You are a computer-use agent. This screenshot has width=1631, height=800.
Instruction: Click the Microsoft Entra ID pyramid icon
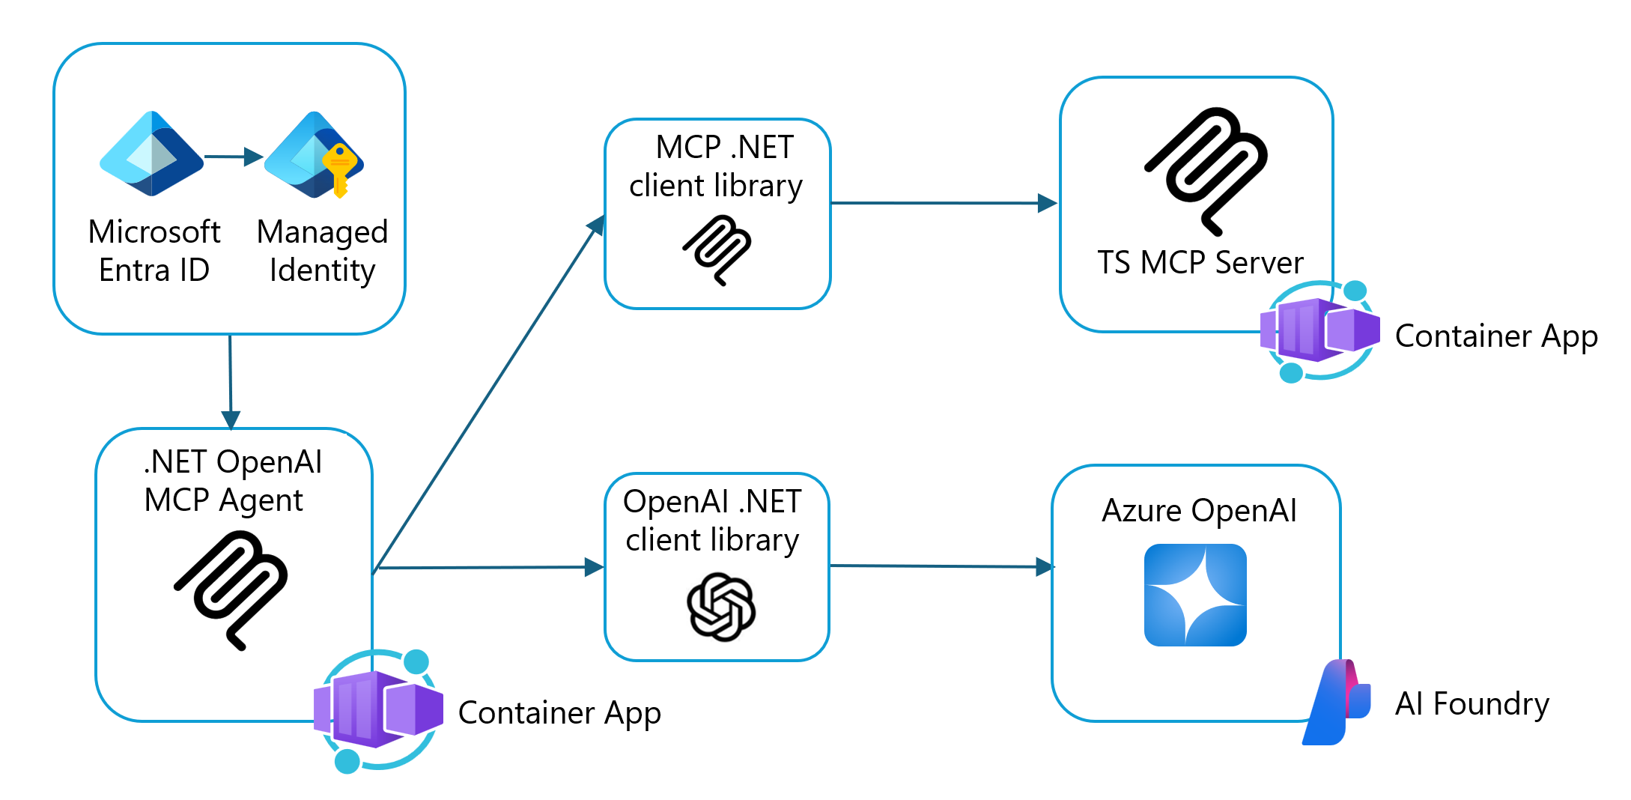pos(152,154)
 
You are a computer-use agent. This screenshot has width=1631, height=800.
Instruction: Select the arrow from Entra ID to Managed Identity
pos(233,157)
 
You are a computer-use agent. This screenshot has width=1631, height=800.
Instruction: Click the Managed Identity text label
pos(322,251)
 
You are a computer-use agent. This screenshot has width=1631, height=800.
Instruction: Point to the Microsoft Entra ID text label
pos(154,251)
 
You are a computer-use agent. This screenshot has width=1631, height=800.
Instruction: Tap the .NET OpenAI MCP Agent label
pos(232,481)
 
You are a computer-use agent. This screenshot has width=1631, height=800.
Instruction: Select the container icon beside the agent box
pos(377,710)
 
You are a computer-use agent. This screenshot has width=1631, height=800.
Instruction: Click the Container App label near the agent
pos(559,712)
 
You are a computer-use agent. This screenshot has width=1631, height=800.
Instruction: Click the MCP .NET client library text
pos(717,166)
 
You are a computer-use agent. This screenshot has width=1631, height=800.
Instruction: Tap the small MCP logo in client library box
pos(717,249)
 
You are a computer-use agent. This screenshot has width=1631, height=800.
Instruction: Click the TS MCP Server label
pos(1200,263)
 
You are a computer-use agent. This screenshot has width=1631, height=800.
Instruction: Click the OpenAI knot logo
pos(720,607)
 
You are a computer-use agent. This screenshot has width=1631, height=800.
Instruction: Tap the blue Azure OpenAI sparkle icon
pos(1195,595)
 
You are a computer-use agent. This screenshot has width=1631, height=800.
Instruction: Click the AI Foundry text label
pos(1471,704)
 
